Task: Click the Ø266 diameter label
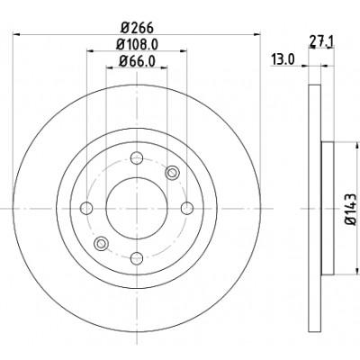click(x=137, y=28)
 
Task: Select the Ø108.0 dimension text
click(x=138, y=45)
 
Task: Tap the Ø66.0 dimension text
click(x=137, y=61)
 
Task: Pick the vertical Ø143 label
click(x=351, y=210)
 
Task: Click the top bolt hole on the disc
click(x=137, y=157)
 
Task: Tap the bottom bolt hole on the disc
click(x=137, y=257)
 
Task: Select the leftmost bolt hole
click(x=86, y=208)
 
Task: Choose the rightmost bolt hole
click(x=187, y=208)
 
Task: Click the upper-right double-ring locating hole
click(x=172, y=173)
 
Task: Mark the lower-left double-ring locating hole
click(x=102, y=243)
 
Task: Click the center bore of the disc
click(x=137, y=208)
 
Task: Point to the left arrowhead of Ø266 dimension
click(x=16, y=34)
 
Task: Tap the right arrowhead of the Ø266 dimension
click(x=257, y=34)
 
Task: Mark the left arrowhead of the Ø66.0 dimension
click(x=110, y=68)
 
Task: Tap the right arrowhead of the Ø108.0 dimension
click(x=184, y=51)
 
